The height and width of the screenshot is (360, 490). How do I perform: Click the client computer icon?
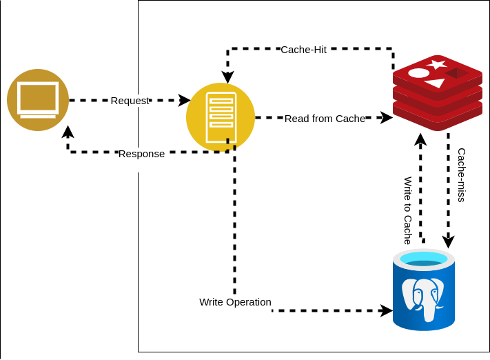pyautogui.click(x=38, y=100)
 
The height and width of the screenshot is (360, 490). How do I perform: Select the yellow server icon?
pyautogui.click(x=221, y=117)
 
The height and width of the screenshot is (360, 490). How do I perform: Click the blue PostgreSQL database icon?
pyautogui.click(x=424, y=290)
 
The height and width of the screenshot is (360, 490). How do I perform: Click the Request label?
pyautogui.click(x=130, y=101)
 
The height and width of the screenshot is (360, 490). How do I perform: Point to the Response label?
pyautogui.click(x=141, y=154)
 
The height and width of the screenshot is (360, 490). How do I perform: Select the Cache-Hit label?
pyautogui.click(x=303, y=50)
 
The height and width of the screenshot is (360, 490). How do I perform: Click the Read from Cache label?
pyautogui.click(x=325, y=119)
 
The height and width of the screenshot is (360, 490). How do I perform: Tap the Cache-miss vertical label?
pyautogui.click(x=462, y=174)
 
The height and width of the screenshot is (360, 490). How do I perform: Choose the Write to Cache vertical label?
pyautogui.click(x=408, y=210)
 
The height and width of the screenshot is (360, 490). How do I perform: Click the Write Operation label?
pyautogui.click(x=235, y=302)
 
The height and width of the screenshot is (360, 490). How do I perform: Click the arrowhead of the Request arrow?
pyautogui.click(x=185, y=101)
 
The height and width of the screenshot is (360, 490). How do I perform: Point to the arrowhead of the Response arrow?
pyautogui.click(x=68, y=132)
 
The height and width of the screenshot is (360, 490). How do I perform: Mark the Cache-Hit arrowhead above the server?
pyautogui.click(x=227, y=77)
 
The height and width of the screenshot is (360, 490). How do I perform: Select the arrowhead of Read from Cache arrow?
pyautogui.click(x=387, y=118)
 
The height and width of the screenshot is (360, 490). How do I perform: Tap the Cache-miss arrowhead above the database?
pyautogui.click(x=449, y=242)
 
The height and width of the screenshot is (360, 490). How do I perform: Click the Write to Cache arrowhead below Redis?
pyautogui.click(x=420, y=139)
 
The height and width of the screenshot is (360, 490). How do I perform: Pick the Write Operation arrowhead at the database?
pyautogui.click(x=387, y=311)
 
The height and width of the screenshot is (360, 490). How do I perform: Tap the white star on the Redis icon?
pyautogui.click(x=436, y=64)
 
